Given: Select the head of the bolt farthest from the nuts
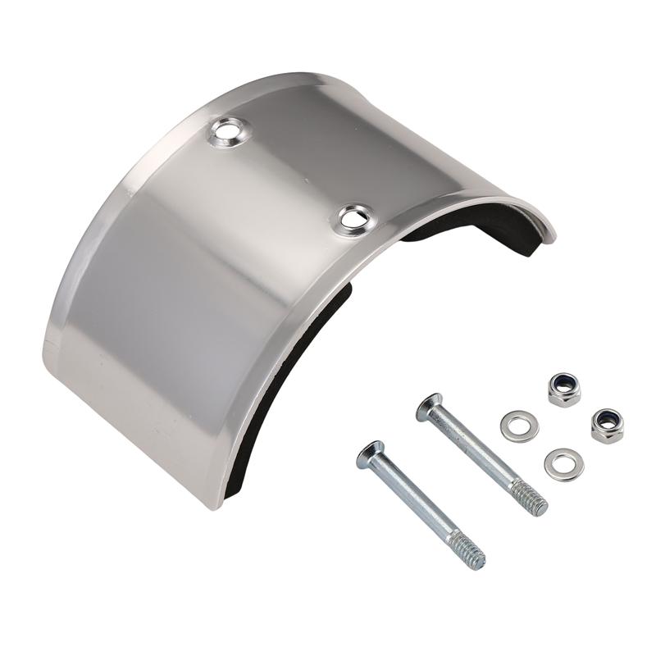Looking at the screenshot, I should [x=370, y=453].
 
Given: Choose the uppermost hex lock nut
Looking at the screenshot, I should [x=564, y=389].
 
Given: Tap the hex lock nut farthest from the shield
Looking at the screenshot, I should [x=607, y=425].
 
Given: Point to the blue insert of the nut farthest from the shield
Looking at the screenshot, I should [x=607, y=422].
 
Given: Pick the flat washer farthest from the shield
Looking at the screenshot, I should [x=564, y=464].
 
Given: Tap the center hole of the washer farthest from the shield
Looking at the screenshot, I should [x=564, y=464].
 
